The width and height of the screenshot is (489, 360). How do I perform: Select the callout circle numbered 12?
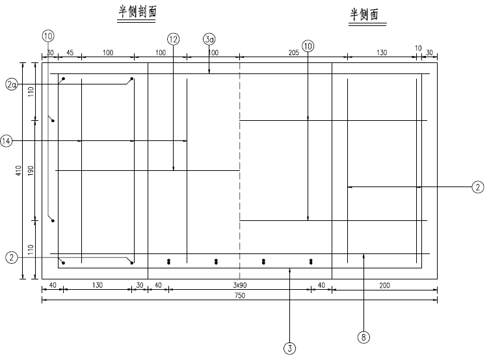[x=173, y=40]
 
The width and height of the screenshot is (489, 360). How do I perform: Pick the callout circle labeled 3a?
[x=209, y=40]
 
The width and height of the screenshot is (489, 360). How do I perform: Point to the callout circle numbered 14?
[x=7, y=140]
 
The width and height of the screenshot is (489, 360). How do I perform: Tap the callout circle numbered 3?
[x=289, y=348]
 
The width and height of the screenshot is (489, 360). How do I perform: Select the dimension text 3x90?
[x=239, y=285]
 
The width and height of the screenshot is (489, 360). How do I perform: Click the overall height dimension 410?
[x=20, y=170]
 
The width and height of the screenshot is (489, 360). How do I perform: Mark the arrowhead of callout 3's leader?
[x=289, y=267]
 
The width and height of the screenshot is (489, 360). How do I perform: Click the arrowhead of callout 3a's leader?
[x=209, y=73]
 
